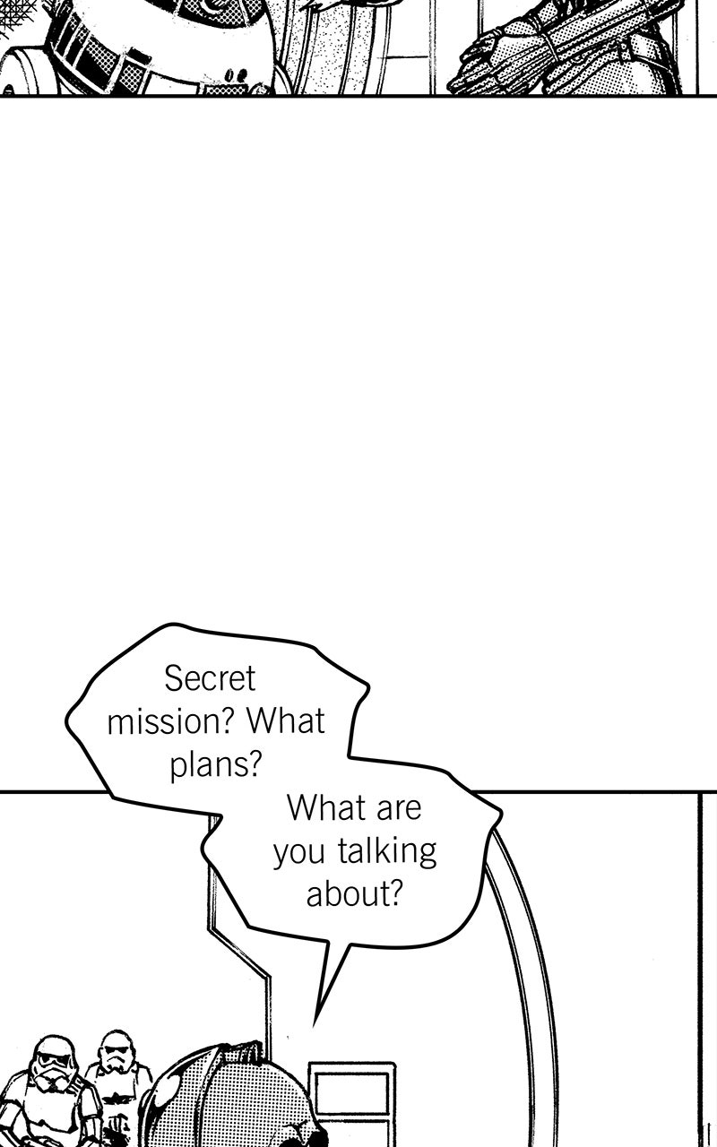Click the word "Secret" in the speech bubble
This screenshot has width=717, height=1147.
pyautogui.click(x=210, y=679)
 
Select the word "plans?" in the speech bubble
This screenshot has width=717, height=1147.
pyautogui.click(x=216, y=765)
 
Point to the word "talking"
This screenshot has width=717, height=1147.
pyautogui.click(x=386, y=851)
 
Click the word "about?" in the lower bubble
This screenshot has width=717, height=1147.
pyautogui.click(x=353, y=893)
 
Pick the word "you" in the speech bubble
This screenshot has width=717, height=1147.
pyautogui.click(x=298, y=854)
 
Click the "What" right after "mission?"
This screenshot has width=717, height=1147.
pyautogui.click(x=286, y=721)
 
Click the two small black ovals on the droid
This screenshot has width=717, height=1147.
pyautogui.click(x=238, y=75)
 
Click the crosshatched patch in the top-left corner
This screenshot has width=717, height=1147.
pyautogui.click(x=15, y=13)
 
